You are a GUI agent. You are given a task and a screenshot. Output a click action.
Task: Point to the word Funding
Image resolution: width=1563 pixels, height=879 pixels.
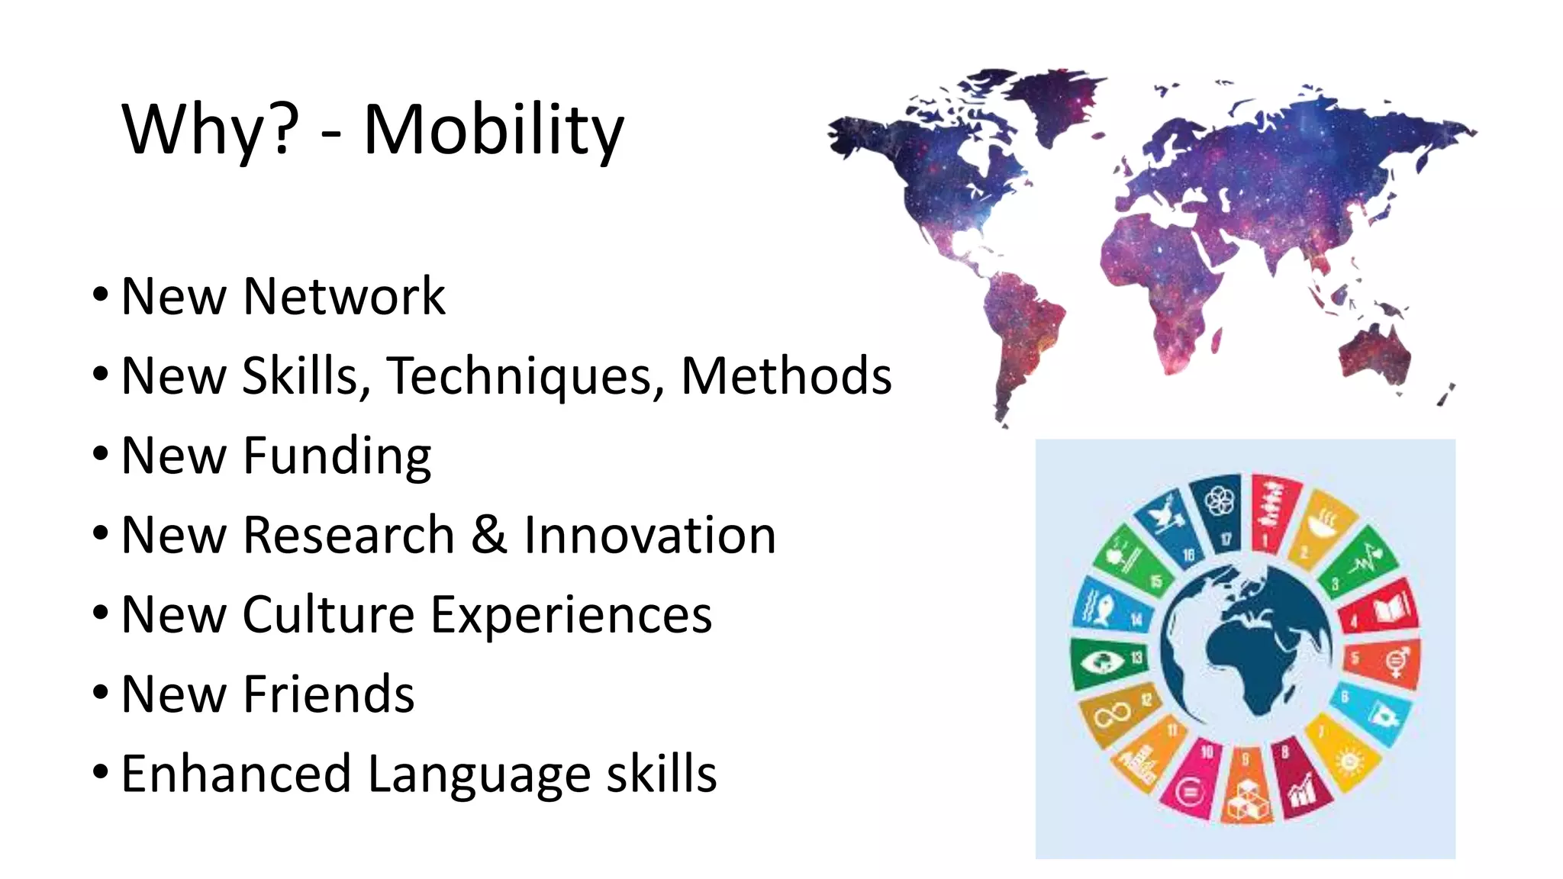tap(337, 456)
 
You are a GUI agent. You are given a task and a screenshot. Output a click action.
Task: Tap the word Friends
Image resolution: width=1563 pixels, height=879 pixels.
tap(328, 694)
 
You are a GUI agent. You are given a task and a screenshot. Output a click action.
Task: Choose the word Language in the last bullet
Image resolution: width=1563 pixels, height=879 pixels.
tap(479, 774)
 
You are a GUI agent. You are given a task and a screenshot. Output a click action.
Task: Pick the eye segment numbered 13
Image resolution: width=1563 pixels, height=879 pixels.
tap(1103, 661)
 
